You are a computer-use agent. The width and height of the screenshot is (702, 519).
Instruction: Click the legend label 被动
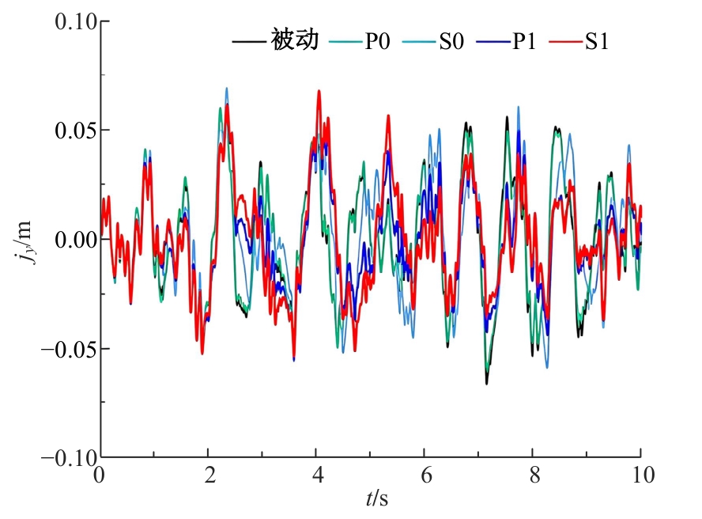[x=295, y=40]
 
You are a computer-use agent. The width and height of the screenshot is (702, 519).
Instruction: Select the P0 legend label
[x=377, y=41]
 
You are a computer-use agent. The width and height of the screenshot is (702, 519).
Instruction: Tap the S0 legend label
[x=451, y=41]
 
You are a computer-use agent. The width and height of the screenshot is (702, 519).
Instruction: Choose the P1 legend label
[x=524, y=41]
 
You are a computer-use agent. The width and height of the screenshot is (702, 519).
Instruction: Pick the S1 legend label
[x=597, y=41]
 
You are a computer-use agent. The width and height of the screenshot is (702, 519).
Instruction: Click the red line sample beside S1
[x=566, y=42]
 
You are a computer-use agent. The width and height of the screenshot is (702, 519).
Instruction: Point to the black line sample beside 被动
[x=249, y=42]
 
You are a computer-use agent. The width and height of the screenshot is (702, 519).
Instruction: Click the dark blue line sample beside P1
[x=493, y=42]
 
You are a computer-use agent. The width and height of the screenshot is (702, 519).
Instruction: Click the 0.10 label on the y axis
[x=76, y=21]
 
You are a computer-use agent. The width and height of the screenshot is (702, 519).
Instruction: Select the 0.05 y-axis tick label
[x=76, y=131]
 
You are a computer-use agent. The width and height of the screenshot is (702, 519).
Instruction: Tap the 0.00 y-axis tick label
[x=76, y=240]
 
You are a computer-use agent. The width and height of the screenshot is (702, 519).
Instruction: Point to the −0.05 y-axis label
[x=69, y=348]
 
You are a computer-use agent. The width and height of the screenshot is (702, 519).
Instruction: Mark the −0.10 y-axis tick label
[x=69, y=457]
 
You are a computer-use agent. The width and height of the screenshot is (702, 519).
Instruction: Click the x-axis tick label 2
[x=210, y=475]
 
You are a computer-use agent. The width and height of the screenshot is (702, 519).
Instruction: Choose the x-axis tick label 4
[x=318, y=475]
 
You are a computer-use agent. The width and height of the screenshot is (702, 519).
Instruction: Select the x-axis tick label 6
[x=426, y=475]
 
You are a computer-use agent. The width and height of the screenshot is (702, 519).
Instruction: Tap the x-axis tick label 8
[x=534, y=475]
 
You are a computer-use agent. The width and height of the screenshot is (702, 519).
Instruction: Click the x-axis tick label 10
[x=643, y=475]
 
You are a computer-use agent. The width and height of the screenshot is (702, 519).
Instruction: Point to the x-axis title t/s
[x=377, y=498]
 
